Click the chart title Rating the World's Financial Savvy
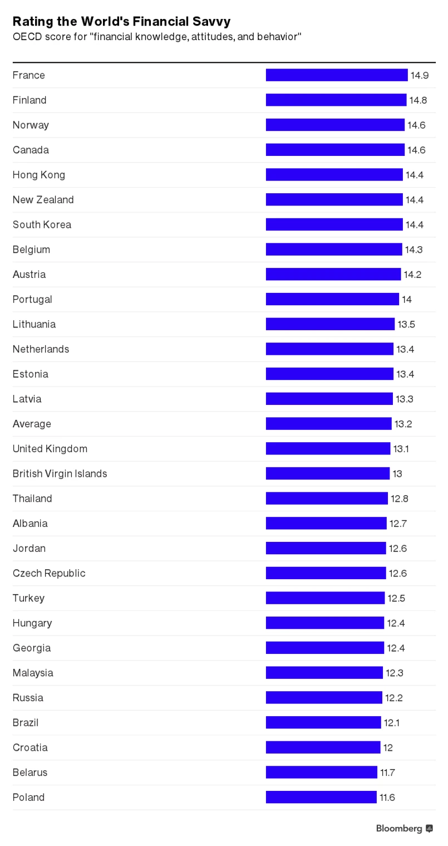coord(121,22)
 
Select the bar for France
coord(336,75)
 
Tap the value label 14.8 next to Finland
coord(419,100)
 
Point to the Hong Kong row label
coord(38,175)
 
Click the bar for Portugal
coord(332,299)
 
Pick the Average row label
coord(32,424)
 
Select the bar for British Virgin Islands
coord(327,473)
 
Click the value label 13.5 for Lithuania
coord(406,324)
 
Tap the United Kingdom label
coord(50,449)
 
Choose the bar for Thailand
coord(326,498)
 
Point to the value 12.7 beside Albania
coord(398,524)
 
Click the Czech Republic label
coord(49,573)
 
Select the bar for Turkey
coord(325,598)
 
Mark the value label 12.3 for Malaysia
coord(395,673)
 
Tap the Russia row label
coord(28,698)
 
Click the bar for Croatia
coord(323,747)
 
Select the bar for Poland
coord(321,797)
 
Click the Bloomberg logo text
coord(399,829)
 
